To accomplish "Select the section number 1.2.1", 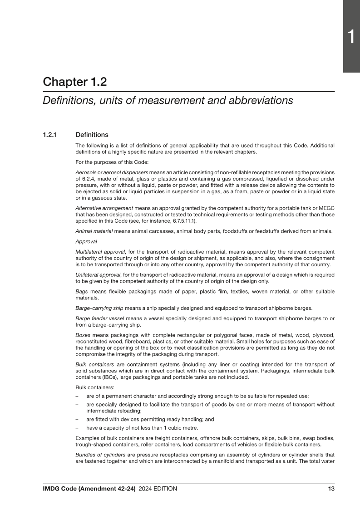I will point(51,135).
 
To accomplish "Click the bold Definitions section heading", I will point(92,135).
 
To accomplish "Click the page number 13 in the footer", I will point(331,489).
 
